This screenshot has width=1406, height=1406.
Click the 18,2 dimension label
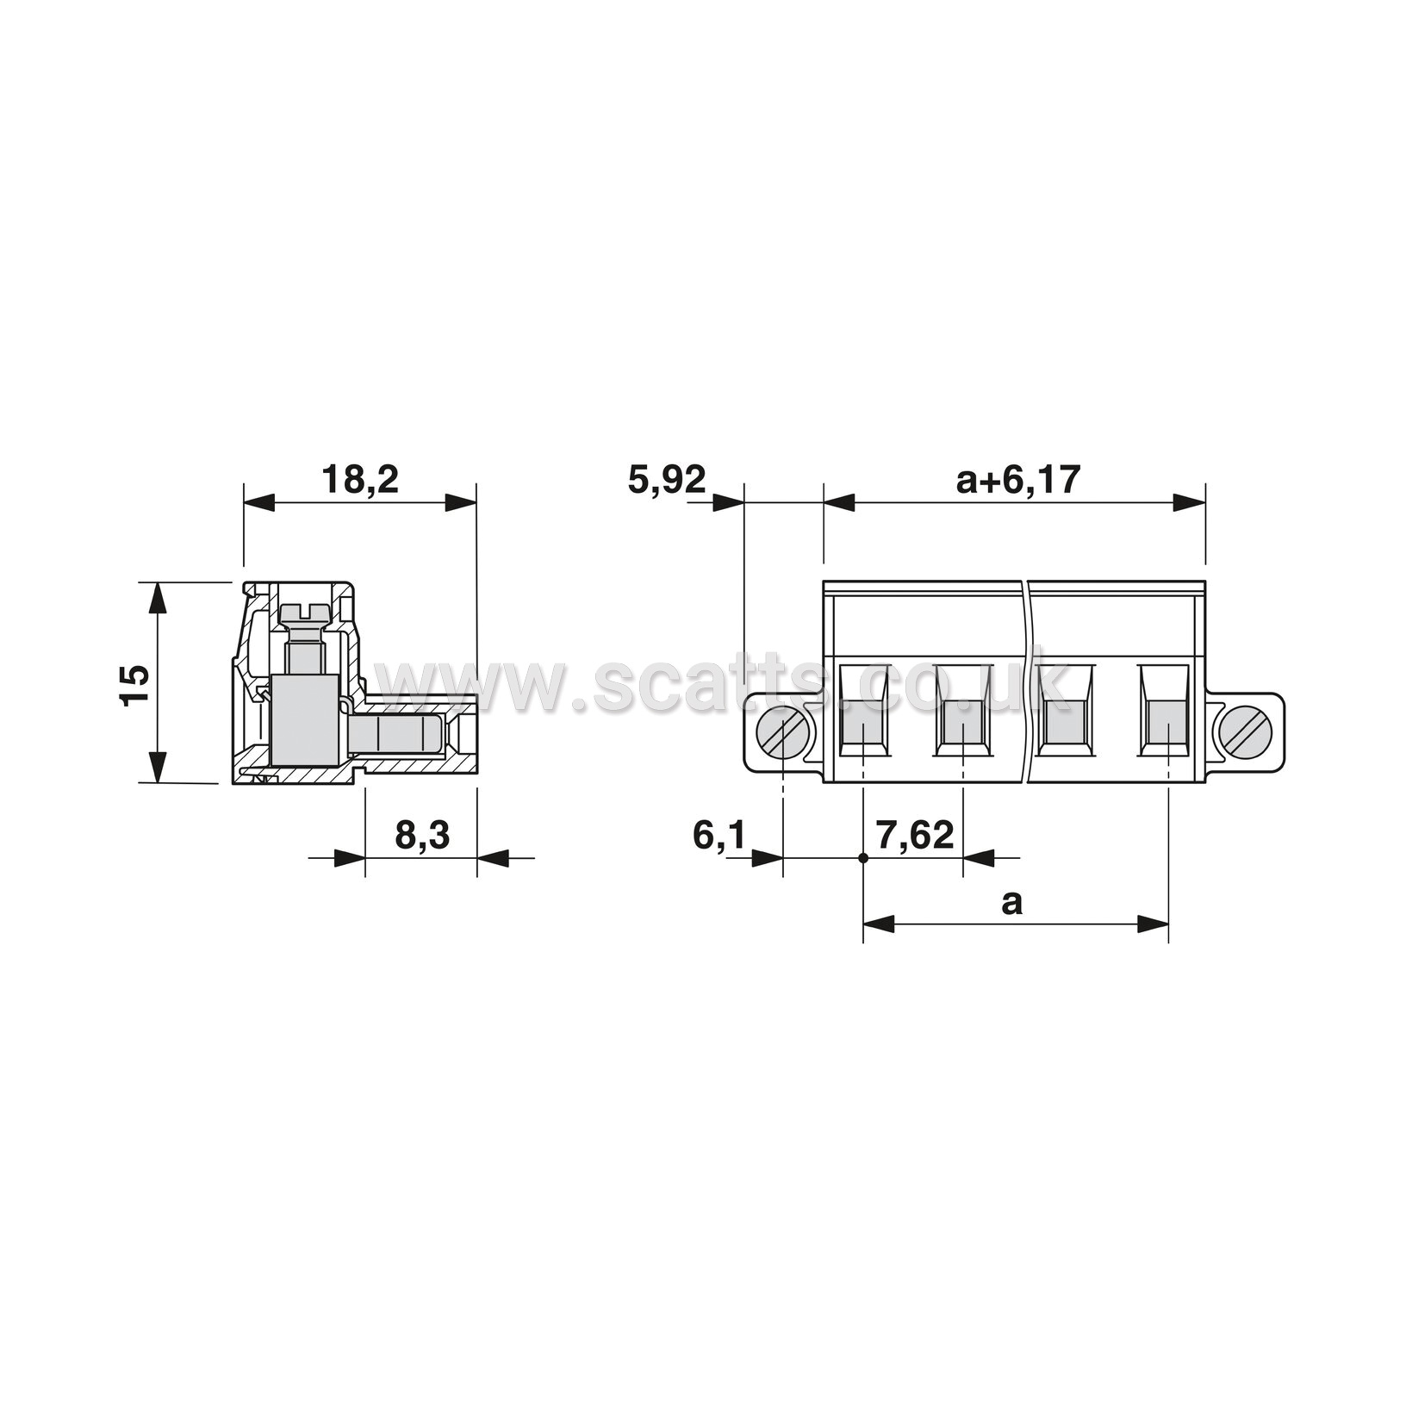360,480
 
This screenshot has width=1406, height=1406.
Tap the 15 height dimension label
135,686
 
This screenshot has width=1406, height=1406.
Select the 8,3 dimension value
422,835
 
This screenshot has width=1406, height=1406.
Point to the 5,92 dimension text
667,480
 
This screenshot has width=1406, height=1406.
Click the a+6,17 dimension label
1017,480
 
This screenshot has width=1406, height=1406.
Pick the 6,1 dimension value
718,835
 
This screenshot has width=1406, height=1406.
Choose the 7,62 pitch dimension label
914,835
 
